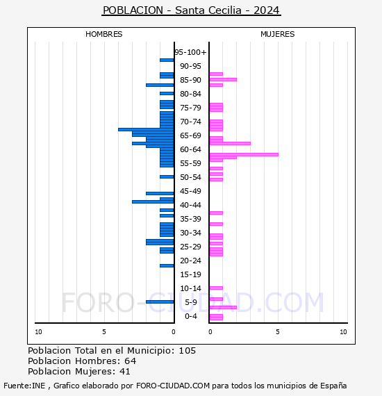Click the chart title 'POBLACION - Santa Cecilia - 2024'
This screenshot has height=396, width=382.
click(x=191, y=10)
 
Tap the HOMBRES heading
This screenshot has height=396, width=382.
click(x=103, y=34)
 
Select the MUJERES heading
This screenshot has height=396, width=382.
click(x=278, y=34)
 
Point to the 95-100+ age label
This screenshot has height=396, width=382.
click(x=190, y=52)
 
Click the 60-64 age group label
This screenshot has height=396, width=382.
click(x=190, y=149)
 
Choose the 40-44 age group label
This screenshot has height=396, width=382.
click(x=190, y=205)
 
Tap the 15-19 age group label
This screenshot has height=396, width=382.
click(x=190, y=274)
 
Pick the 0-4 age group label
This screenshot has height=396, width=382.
click(x=191, y=316)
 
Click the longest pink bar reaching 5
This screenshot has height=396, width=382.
click(x=244, y=154)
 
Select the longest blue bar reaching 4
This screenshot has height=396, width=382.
click(x=146, y=129)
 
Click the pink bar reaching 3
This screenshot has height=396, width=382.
click(x=230, y=143)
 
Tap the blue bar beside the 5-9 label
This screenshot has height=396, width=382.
click(x=160, y=302)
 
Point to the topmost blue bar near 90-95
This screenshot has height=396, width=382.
click(x=167, y=60)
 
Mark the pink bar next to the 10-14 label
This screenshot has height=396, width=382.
click(x=216, y=288)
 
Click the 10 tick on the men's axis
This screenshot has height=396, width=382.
click(x=38, y=332)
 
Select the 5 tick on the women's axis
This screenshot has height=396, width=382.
click(x=278, y=332)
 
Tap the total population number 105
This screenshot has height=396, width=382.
click(x=187, y=351)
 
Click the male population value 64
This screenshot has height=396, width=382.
click(x=131, y=361)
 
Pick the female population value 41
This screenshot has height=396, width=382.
click(x=125, y=371)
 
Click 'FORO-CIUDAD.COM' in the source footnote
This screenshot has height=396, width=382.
click(x=173, y=386)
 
